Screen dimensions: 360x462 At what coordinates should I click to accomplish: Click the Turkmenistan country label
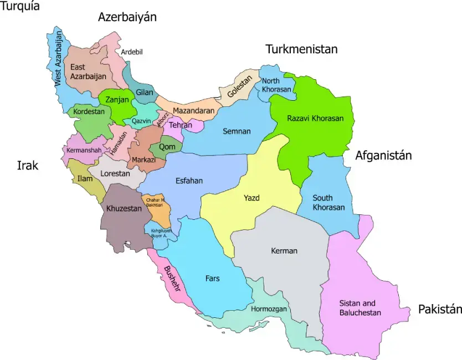click(x=301, y=49)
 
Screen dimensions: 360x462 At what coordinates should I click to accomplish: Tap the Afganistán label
click(x=383, y=156)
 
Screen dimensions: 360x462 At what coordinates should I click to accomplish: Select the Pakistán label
click(x=440, y=309)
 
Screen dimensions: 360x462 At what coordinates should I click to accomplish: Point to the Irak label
click(x=28, y=165)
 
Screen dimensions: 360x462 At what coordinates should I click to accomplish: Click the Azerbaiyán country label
click(x=127, y=17)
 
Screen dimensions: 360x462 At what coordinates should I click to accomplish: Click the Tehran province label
click(x=180, y=125)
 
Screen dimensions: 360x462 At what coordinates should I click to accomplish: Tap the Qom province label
click(x=167, y=147)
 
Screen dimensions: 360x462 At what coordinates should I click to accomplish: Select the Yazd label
click(x=251, y=198)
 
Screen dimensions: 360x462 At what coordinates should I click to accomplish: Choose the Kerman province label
click(x=284, y=251)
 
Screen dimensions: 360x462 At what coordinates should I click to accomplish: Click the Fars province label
click(x=212, y=279)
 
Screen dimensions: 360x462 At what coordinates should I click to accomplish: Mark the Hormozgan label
click(x=269, y=309)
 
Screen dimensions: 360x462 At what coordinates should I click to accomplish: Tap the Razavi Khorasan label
click(x=315, y=119)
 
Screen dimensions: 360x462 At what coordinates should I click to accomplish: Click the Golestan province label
click(x=239, y=86)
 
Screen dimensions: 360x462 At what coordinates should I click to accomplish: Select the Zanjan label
click(x=117, y=100)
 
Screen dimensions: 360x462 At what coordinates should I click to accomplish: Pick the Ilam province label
click(x=85, y=179)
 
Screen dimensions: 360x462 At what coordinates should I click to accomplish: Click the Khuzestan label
click(x=120, y=209)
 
